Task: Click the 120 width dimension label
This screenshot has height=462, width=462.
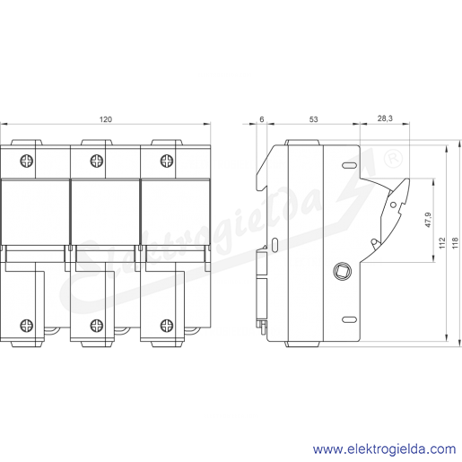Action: [106, 119]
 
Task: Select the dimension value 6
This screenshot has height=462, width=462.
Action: [262, 119]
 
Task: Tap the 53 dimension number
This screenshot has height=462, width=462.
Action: [313, 119]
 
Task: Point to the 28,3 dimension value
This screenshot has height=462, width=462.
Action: [385, 118]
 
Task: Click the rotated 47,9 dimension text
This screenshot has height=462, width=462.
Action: [428, 220]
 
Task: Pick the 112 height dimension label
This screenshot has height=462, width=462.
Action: [442, 243]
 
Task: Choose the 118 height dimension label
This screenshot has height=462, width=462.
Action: [455, 243]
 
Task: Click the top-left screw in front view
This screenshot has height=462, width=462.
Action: [27, 161]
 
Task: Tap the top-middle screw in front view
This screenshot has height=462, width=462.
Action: [97, 161]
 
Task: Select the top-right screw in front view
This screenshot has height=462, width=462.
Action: [167, 161]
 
